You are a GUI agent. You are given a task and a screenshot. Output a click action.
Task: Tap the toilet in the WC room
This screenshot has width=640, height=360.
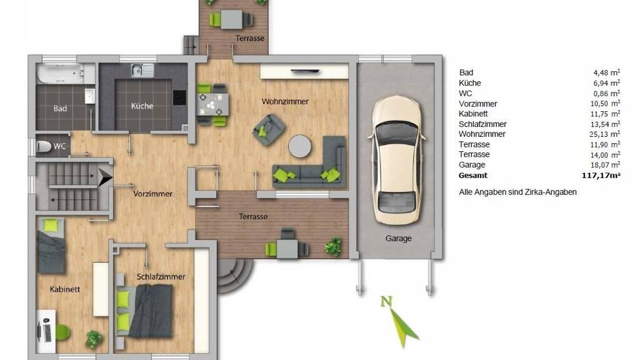point(44,146)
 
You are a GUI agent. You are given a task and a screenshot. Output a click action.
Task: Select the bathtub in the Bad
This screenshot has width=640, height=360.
point(61,74)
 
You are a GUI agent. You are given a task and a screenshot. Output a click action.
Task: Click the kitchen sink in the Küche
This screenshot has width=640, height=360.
point(142,70)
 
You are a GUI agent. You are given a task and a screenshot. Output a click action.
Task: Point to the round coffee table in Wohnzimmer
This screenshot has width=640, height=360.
point(299,146)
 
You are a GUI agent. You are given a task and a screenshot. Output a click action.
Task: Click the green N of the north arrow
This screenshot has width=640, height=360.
point(386,302)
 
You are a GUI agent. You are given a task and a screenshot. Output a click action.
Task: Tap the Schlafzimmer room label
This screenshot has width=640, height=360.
point(161,277)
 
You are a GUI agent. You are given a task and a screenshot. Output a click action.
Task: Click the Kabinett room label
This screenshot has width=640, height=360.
point(65,289)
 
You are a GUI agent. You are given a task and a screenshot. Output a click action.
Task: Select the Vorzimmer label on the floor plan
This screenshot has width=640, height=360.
point(152,194)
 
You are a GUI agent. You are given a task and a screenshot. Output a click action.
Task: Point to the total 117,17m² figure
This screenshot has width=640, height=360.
point(601,176)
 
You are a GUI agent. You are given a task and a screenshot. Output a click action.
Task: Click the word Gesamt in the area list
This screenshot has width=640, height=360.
point(473,176)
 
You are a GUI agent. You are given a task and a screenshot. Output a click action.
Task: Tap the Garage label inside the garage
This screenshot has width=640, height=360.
point(398,238)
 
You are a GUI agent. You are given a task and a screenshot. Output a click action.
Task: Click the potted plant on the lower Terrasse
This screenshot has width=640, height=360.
point(333,246)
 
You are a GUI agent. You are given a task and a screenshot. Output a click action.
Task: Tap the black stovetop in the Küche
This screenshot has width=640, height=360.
point(179,97)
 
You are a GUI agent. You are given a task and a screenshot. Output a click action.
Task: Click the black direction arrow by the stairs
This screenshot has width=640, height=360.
point(105,178)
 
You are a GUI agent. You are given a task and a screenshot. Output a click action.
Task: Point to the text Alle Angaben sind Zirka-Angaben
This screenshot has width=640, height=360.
point(517,192)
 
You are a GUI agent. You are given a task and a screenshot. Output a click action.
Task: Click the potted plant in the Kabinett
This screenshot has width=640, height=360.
point(94,339)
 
